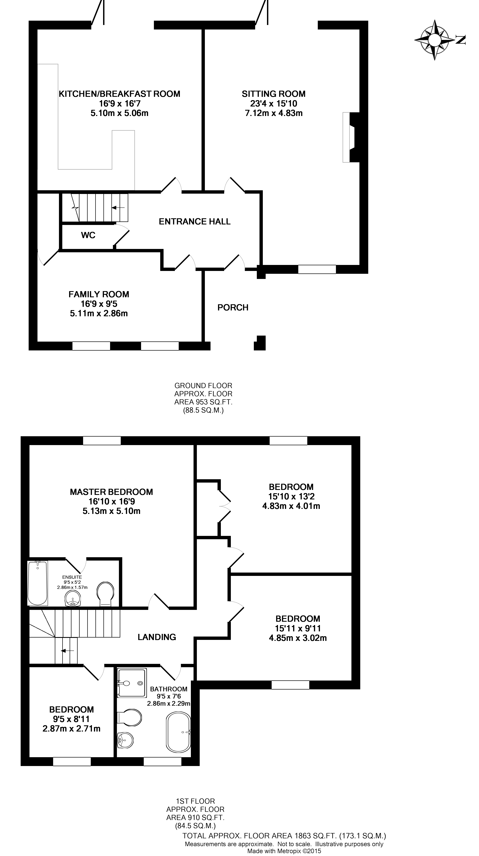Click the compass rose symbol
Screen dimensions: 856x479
pyautogui.click(x=435, y=40)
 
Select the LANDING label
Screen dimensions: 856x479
pyautogui.click(x=157, y=637)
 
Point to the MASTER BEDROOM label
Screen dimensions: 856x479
pyautogui.click(x=111, y=492)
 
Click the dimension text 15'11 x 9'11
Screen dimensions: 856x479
pyautogui.click(x=298, y=628)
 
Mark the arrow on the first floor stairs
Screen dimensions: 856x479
pyautogui.click(x=67, y=651)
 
